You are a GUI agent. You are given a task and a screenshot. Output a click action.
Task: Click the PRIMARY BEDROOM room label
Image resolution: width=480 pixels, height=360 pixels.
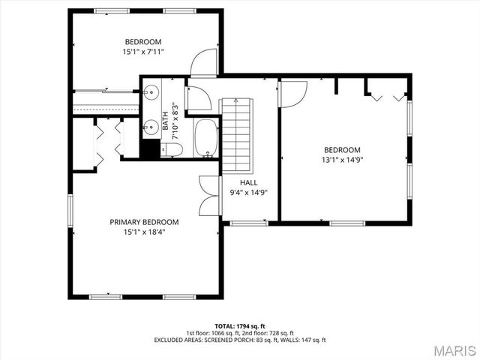pos(144,222)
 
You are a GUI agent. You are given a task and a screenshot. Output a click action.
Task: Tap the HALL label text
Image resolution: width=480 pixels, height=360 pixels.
pos(248,182)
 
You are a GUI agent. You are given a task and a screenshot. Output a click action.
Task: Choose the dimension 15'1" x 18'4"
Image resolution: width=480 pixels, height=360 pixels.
pos(144,232)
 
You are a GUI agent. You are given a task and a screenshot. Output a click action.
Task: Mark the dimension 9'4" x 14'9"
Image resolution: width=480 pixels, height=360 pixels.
pos(248,193)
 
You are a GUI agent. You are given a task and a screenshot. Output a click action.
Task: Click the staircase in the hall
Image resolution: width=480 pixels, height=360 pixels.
pos(238,131)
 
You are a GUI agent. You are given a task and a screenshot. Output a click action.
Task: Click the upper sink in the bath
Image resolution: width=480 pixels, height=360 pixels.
pos(151,92)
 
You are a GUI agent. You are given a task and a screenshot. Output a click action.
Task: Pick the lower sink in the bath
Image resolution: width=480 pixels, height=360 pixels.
pos(151,125)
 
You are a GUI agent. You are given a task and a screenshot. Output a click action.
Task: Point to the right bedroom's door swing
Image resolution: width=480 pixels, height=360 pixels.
pos(294,93)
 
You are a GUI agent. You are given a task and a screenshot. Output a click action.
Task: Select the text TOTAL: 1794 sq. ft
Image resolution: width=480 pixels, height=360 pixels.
pos(240,326)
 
